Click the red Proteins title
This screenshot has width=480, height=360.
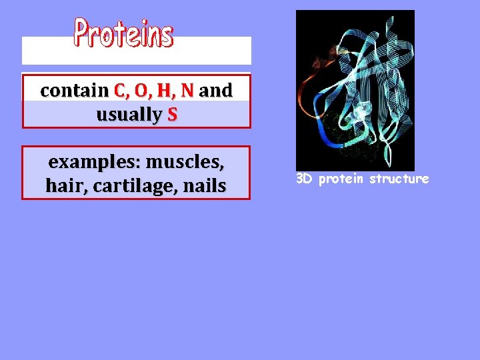123,33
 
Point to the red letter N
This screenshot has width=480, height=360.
187,91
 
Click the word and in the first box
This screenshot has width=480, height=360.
215,91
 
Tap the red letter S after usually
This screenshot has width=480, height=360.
173,115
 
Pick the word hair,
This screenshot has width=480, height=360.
67,186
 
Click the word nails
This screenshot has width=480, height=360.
205,186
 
